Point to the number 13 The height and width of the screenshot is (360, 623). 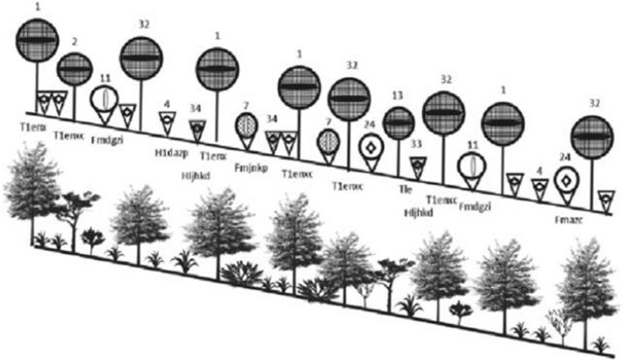[398, 96]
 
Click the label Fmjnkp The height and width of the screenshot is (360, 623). [252, 166]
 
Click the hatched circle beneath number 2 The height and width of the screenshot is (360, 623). [74, 69]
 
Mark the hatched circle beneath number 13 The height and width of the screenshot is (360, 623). [398, 123]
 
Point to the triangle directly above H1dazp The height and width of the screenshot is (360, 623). [167, 121]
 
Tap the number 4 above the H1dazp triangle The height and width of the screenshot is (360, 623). [166, 103]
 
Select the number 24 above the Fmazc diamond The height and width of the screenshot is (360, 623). [565, 155]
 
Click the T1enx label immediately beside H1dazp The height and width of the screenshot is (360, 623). [213, 154]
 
